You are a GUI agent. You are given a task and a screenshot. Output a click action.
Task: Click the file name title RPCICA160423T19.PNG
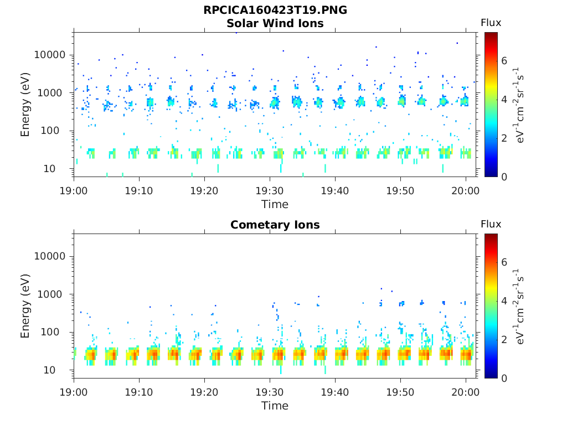pos(275,10)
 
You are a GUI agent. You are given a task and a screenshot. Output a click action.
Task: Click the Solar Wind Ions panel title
pos(275,23)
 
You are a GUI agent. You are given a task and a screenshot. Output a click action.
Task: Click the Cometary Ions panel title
pos(275,225)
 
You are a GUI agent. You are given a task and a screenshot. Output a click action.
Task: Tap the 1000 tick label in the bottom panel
pos(54,294)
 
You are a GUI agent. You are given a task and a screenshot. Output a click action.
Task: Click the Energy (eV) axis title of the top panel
pos(25,105)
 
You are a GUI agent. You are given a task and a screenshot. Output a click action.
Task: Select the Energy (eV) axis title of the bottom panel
pos(25,306)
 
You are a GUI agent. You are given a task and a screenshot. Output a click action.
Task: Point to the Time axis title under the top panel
pos(275,204)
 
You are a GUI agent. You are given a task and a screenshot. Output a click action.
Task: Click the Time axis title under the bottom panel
pos(275,406)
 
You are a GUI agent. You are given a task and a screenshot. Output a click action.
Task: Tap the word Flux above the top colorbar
pos(491,23)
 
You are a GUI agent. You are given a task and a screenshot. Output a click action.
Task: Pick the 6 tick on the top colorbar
pos(504,61)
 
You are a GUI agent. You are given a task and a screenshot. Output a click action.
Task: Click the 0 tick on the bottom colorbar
pos(504,379)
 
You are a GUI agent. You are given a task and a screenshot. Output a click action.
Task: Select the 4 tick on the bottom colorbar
pos(504,301)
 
